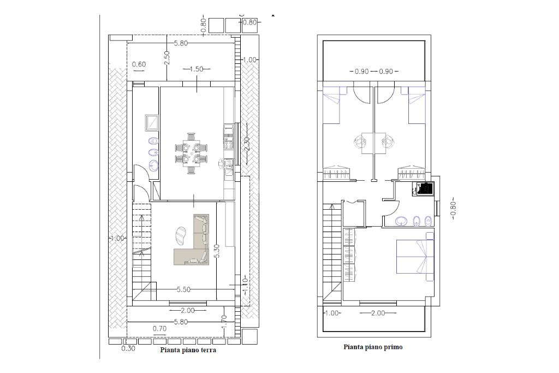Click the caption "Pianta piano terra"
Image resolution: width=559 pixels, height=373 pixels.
pos(188,350)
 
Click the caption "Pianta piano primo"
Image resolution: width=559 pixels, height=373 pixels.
pos(373,347)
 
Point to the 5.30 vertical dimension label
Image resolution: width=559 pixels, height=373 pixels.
pos(217,251)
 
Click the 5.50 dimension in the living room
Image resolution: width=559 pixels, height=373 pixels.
pos(183,289)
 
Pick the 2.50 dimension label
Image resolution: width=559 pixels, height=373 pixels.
pos(167,57)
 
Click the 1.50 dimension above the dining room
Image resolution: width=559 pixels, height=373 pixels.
pos(196,69)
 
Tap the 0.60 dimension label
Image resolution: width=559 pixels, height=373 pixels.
pos(139,64)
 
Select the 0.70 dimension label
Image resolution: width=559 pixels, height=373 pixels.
pos(159,329)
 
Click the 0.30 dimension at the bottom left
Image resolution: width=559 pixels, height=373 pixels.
pos(128,349)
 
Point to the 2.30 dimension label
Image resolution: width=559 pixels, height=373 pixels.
pos(247,145)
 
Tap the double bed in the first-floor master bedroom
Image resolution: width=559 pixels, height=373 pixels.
pos(415,256)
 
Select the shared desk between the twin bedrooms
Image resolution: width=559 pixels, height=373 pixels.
pos(373,143)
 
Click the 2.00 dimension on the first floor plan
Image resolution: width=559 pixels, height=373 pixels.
pos(378,313)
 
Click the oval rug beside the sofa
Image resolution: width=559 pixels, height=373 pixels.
pos(182,236)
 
